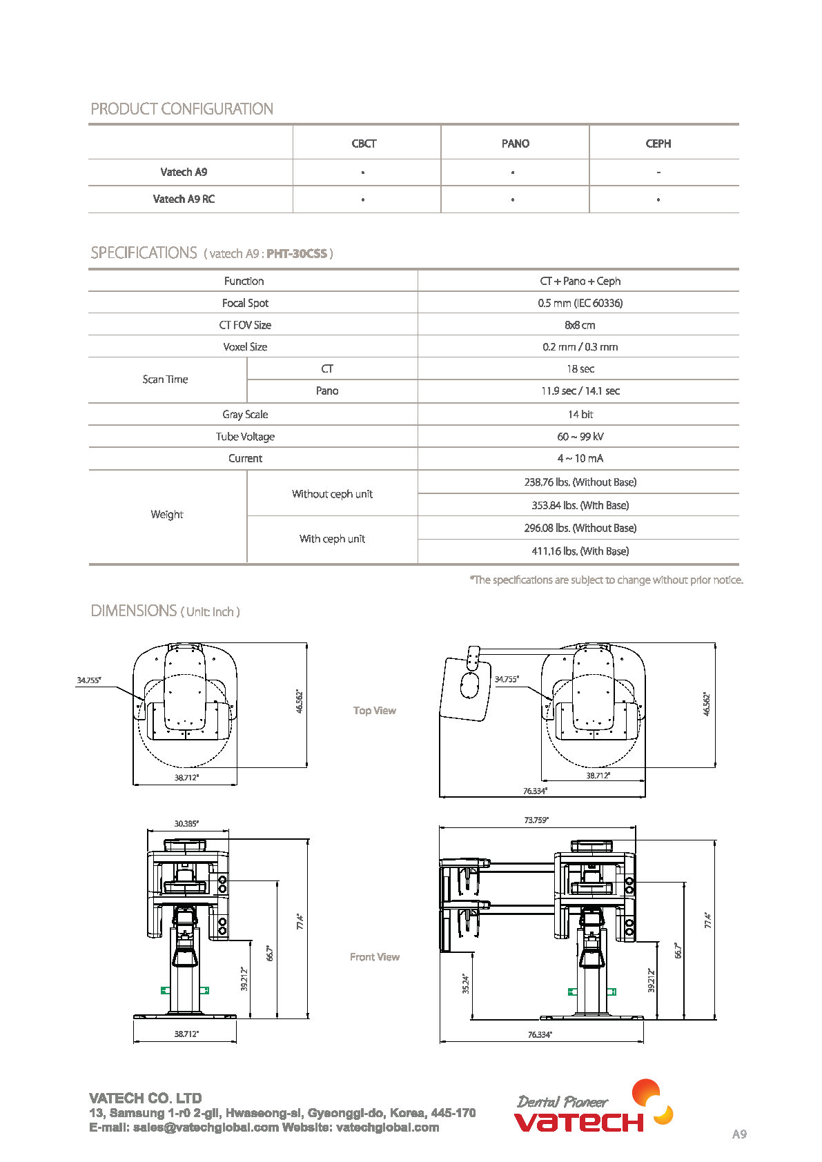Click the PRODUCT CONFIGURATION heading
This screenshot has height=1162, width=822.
(182, 109)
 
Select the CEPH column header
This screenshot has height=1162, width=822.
(658, 144)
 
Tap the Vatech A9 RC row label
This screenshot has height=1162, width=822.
(184, 199)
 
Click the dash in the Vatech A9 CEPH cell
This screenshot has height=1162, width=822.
(658, 173)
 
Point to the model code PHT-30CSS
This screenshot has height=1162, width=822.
(297, 253)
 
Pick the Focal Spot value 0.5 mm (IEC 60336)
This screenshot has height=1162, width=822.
(580, 303)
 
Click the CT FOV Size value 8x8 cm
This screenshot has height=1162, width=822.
(580, 325)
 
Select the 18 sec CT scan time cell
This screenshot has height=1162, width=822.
(580, 369)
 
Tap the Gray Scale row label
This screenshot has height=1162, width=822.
(245, 414)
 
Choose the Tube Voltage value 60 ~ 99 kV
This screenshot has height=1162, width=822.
(580, 436)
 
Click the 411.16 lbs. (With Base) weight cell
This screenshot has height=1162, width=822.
(580, 551)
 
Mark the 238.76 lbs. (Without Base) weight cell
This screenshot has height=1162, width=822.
(580, 482)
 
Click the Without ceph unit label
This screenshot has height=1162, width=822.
(332, 494)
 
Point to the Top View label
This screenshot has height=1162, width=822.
(374, 711)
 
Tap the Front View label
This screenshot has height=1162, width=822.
(374, 957)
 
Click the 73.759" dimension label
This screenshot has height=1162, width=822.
(536, 820)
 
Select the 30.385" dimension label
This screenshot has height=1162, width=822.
(186, 824)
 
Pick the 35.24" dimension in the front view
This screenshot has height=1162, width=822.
(466, 983)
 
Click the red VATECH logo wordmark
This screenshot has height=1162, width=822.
(578, 1122)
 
